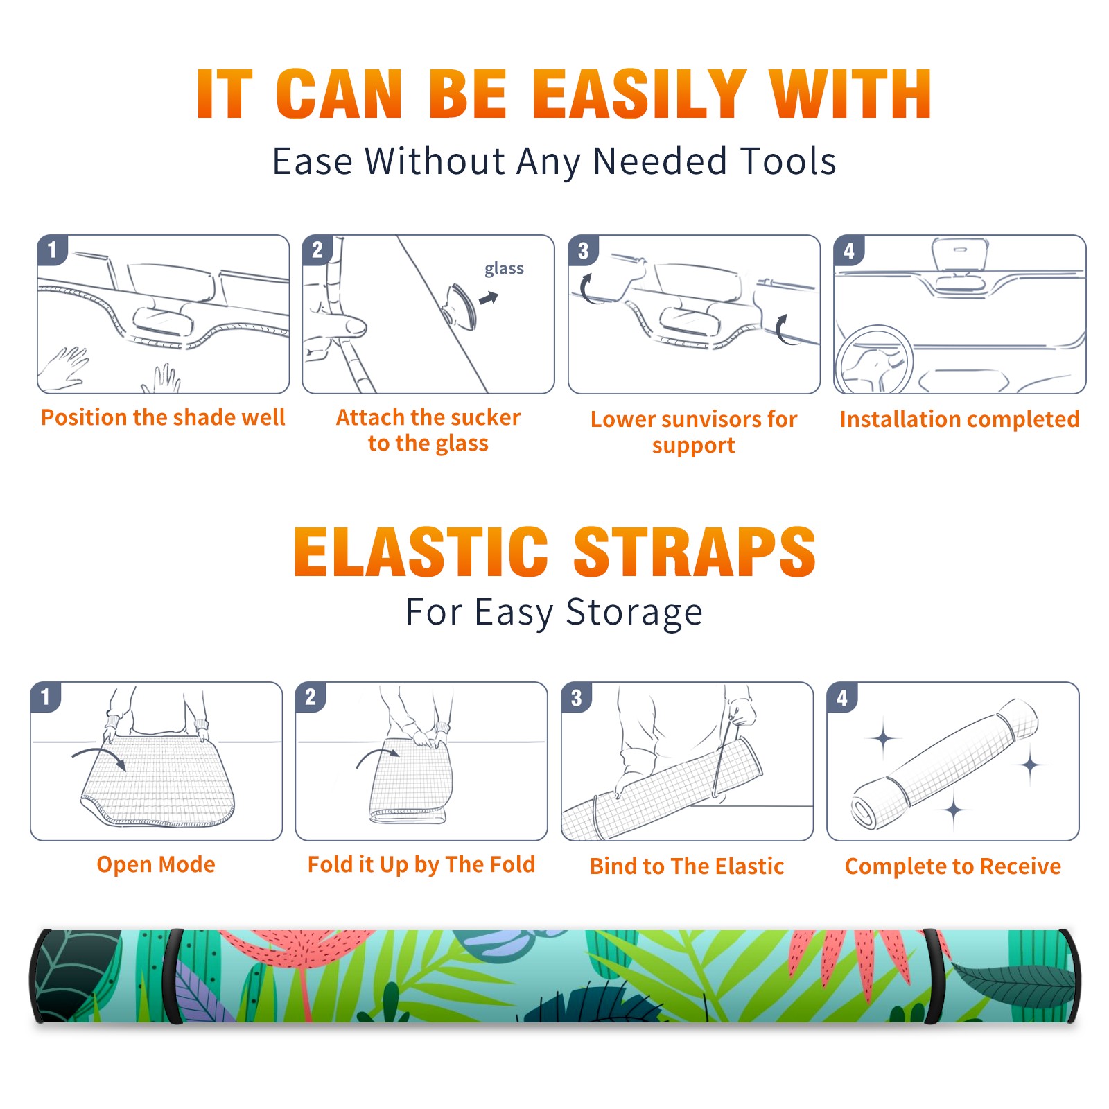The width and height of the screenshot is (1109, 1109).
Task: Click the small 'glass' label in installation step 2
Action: point(504,269)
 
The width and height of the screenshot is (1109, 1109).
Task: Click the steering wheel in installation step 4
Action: point(874,360)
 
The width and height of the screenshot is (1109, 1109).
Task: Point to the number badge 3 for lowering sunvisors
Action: point(583,250)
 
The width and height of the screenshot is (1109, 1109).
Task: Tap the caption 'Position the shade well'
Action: point(163,417)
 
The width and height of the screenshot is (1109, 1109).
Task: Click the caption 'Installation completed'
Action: point(959,419)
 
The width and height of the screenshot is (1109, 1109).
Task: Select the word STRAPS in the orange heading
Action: point(695,552)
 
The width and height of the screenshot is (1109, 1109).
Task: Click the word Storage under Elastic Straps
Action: point(634,613)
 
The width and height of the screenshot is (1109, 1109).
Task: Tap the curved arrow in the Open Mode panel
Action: point(99,756)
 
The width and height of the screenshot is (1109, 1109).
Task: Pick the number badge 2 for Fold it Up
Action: point(311,697)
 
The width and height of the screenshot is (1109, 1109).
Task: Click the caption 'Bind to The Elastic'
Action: point(687,866)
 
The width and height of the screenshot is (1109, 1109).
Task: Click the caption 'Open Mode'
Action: point(156,864)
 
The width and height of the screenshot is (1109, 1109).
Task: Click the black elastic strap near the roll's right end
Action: point(933,977)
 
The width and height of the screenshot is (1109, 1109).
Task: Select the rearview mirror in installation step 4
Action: point(961,255)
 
